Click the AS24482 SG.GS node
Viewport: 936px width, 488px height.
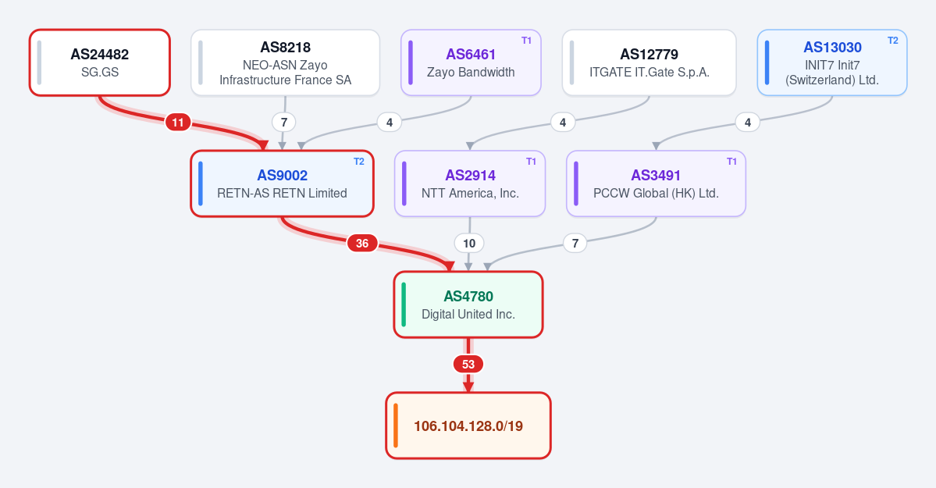point(100,62)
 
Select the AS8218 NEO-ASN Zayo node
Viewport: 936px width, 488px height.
point(286,62)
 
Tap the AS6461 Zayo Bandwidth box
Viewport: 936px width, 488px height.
point(471,62)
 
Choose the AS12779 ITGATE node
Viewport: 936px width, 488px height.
point(649,62)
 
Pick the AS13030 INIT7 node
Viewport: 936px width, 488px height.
point(832,62)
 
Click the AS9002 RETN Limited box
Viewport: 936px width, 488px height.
point(283,183)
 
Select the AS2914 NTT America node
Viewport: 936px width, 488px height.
point(470,183)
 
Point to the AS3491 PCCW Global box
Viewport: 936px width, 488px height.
point(656,183)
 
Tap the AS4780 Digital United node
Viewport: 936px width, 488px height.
point(468,305)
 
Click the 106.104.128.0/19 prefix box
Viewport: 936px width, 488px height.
point(468,426)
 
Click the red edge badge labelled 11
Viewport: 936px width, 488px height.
point(178,123)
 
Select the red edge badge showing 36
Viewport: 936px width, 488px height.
point(362,243)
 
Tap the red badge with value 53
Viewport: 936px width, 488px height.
point(468,364)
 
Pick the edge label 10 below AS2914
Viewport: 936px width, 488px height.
point(469,243)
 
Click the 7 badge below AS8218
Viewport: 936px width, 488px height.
point(284,123)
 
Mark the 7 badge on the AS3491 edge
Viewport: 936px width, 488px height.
point(575,243)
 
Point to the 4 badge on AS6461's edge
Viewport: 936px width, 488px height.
point(390,123)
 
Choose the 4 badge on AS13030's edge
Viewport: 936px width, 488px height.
point(748,123)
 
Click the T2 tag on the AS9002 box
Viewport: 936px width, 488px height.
point(359,162)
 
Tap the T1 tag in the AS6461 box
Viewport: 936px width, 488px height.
point(526,41)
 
